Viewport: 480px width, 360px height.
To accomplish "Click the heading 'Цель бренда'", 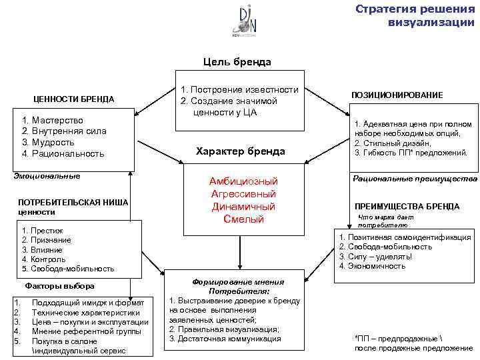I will (x=237, y=61).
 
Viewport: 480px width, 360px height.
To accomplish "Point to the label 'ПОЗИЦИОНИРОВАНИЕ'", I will (x=397, y=95).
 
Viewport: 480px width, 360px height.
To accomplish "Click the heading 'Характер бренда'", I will (x=241, y=151).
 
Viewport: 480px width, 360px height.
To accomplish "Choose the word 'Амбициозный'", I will (x=243, y=181).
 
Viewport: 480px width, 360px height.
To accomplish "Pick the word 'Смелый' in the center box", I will (x=243, y=219).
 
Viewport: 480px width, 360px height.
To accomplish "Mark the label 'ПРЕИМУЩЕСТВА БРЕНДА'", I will (x=407, y=207).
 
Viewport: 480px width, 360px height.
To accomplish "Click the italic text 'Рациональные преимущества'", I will (x=415, y=179).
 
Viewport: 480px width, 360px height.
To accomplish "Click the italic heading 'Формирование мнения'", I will (x=237, y=282).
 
